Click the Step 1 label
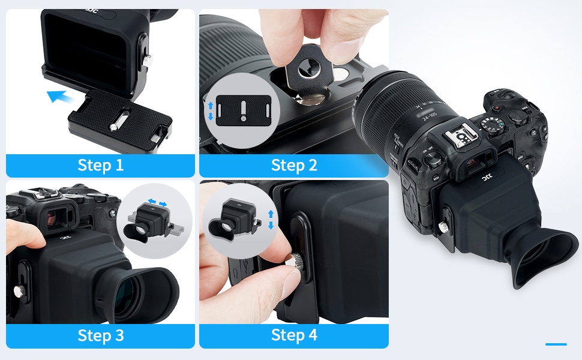[x=100, y=165]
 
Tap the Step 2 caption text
[x=293, y=165]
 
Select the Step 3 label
[x=100, y=335]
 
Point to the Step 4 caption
[x=293, y=335]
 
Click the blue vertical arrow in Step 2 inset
[x=210, y=110]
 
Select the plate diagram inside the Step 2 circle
[x=242, y=112]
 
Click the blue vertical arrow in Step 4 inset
[x=271, y=220]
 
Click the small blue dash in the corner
[x=556, y=344]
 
